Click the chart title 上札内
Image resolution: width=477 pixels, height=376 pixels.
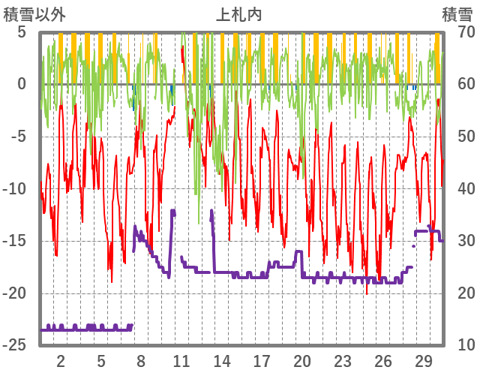238,14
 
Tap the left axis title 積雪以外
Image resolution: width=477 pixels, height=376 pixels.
34,14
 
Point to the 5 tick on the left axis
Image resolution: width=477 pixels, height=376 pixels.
21,32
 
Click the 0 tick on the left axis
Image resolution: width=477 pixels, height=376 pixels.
21,84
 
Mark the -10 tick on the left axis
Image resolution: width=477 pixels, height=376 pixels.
16,188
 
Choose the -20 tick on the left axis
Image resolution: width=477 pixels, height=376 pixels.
16,293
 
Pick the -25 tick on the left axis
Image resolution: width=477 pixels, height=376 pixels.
16,344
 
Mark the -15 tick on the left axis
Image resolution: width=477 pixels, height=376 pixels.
16,240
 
